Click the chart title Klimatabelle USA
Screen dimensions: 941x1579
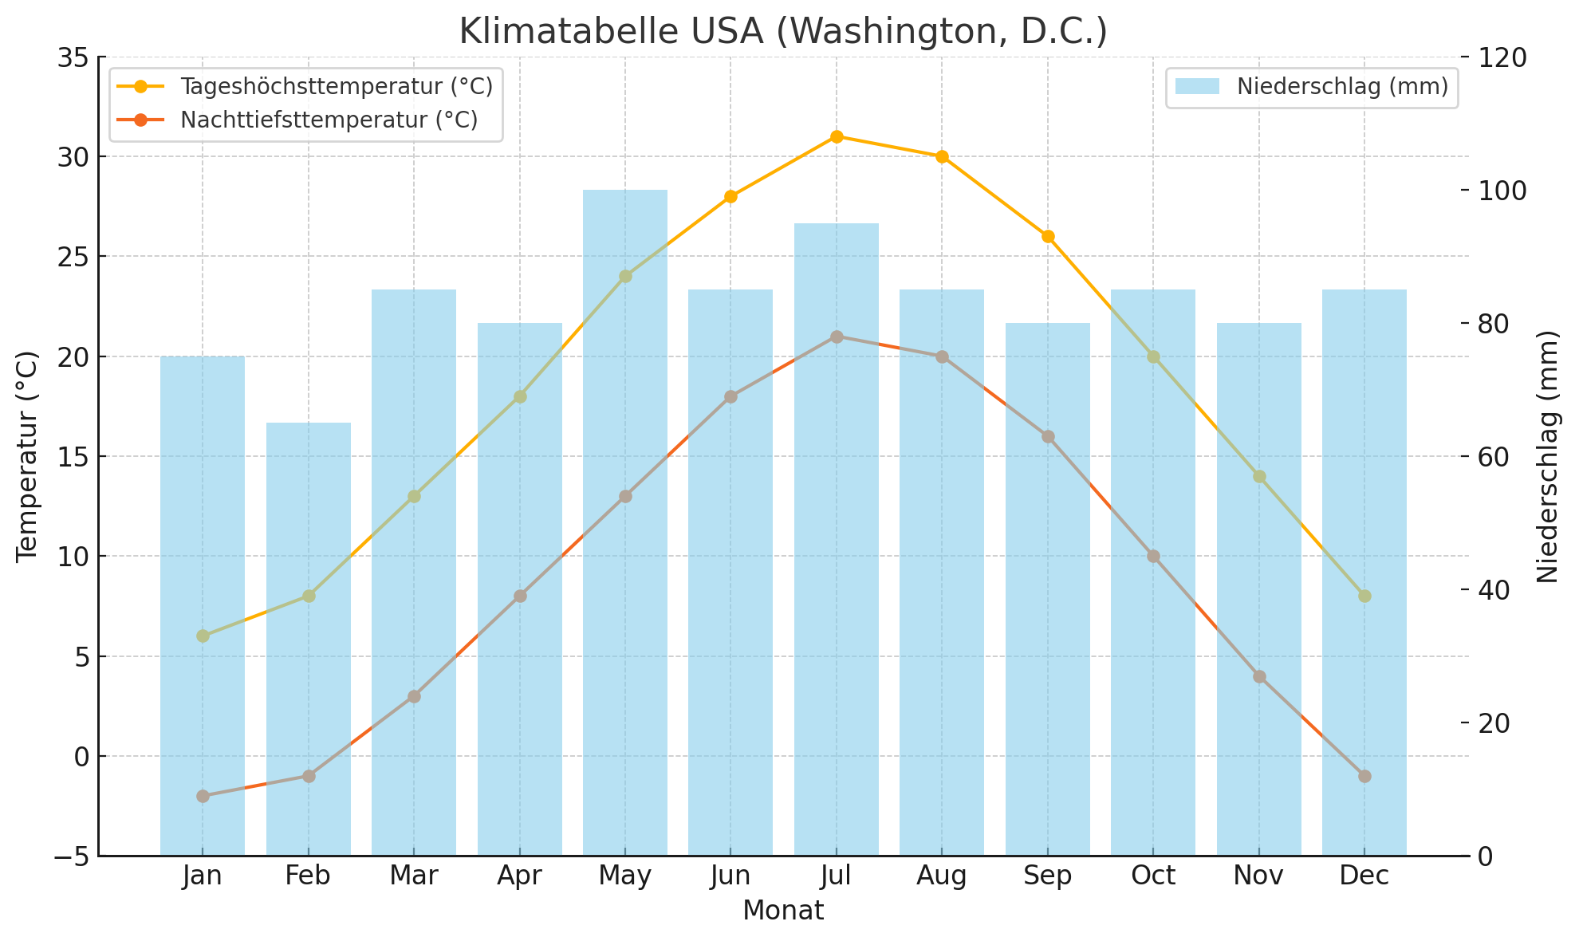click(x=783, y=32)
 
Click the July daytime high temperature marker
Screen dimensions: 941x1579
click(x=837, y=136)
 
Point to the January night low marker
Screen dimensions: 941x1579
click(x=203, y=796)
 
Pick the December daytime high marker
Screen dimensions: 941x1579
click(x=1364, y=596)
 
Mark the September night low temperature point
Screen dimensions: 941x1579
click(x=1048, y=436)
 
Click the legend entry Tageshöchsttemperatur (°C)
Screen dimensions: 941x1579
click(x=336, y=86)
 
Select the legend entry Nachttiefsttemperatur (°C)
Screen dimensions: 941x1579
click(x=329, y=120)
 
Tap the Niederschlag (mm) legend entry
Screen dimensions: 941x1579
click(x=1342, y=87)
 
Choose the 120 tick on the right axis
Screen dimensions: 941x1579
click(x=1504, y=57)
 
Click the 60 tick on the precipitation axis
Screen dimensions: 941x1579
click(x=1497, y=457)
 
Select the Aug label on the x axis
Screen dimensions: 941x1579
click(x=942, y=876)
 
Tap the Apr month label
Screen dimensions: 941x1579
click(x=519, y=876)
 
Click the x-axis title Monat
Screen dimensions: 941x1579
click(x=783, y=911)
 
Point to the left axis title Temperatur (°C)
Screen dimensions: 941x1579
click(x=27, y=456)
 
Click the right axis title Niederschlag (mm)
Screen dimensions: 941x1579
click(x=1547, y=456)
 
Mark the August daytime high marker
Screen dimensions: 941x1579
click(x=942, y=156)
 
